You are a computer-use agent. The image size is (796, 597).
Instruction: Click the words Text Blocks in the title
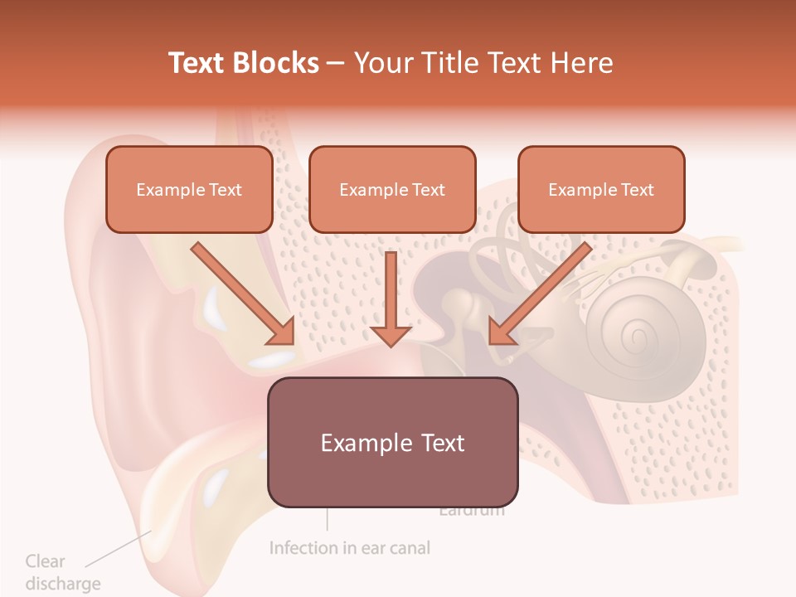(x=244, y=63)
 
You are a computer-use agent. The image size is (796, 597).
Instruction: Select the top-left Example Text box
(x=189, y=189)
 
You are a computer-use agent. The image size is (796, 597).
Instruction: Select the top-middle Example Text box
(x=392, y=189)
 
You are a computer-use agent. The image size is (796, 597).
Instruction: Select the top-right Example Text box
(x=601, y=189)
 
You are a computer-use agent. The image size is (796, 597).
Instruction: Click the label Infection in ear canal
(x=350, y=548)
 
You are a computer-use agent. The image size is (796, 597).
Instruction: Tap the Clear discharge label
(x=62, y=572)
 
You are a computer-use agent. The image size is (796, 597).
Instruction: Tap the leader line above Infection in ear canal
(x=328, y=518)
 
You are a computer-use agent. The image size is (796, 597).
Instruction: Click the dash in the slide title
(x=336, y=63)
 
